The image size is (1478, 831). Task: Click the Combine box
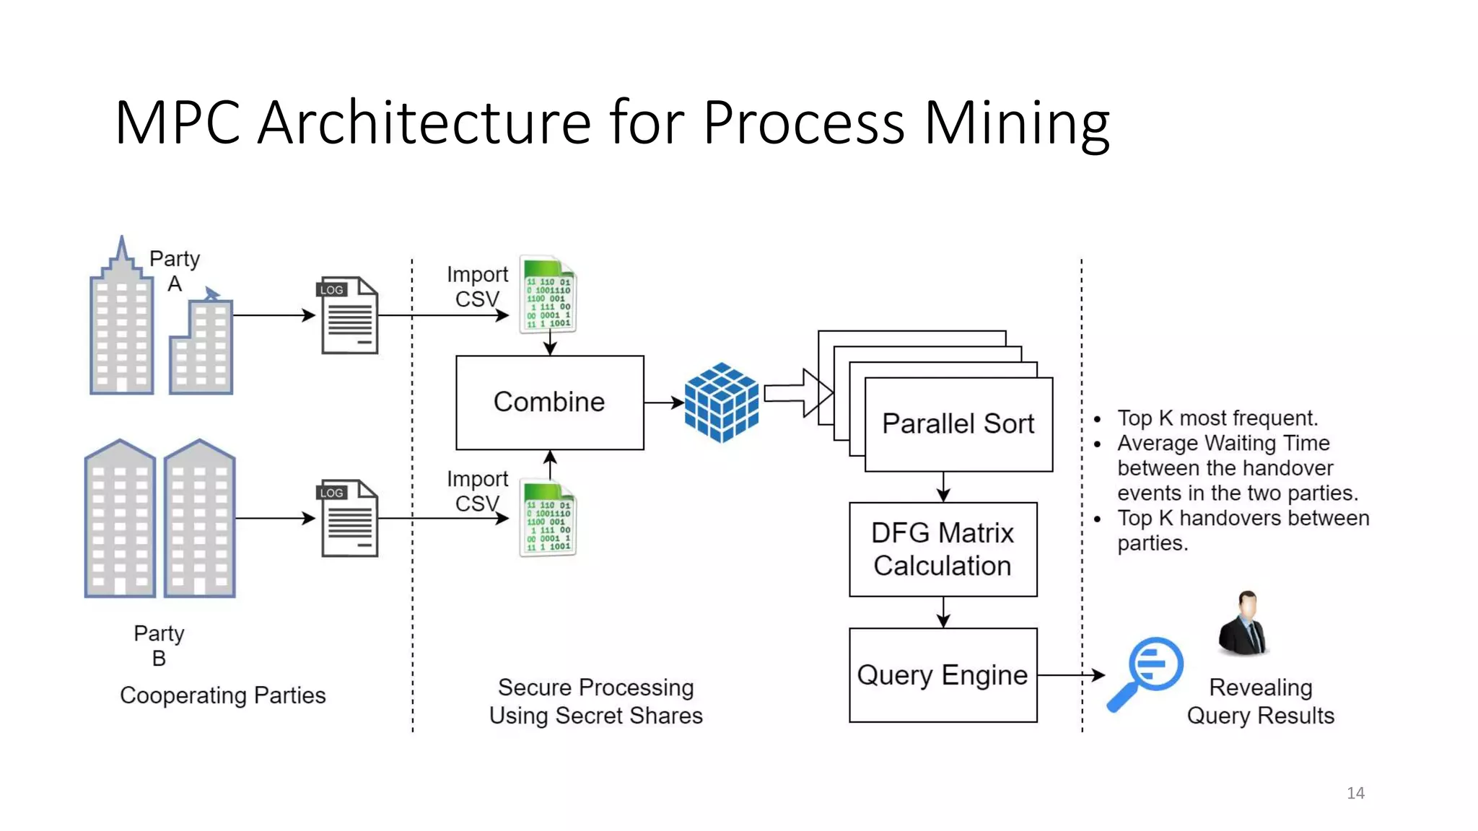pos(549,402)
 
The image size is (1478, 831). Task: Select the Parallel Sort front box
pos(958,424)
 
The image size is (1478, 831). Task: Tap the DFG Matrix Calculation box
pos(943,549)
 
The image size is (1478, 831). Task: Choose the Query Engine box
pos(943,674)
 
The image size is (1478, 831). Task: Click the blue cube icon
pos(721,402)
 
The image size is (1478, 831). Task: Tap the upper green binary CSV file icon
pos(548,294)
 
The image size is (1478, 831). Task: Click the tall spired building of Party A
pos(121,325)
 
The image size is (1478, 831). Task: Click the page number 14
pos(1355,793)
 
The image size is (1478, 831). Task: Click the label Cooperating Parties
pos(222,695)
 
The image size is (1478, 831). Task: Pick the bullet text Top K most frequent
pos(1217,418)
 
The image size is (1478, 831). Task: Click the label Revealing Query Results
pos(1260,701)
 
